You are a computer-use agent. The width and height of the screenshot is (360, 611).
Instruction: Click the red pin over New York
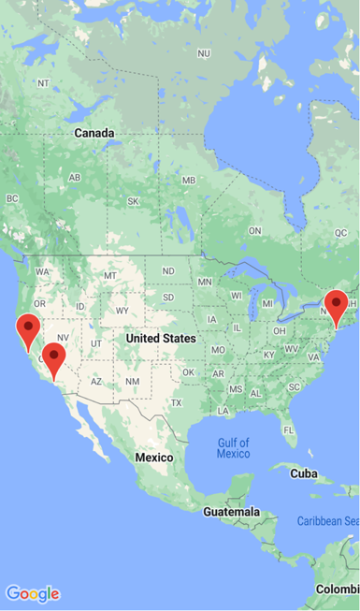click(336, 305)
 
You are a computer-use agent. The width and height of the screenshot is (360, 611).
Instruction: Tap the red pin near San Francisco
click(29, 328)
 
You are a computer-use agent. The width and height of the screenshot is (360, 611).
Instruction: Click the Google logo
click(33, 593)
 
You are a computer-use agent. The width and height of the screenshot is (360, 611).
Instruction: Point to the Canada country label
click(94, 133)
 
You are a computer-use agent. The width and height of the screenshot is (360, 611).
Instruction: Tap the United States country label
click(161, 338)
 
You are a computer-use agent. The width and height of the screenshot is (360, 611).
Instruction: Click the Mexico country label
click(154, 457)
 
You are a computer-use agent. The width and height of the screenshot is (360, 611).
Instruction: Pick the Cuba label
click(304, 473)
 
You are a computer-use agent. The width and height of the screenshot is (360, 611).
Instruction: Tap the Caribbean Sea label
click(327, 520)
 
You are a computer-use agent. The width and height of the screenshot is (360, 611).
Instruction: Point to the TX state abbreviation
click(177, 402)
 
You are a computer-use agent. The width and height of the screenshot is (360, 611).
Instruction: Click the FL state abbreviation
click(290, 430)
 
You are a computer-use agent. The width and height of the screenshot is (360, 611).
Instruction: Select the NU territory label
click(204, 53)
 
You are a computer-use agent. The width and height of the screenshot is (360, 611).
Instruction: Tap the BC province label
click(12, 198)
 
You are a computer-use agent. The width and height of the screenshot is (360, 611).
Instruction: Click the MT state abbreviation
click(110, 275)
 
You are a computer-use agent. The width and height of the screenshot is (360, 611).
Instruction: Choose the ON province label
click(254, 230)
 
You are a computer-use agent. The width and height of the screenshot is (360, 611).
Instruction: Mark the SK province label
click(133, 201)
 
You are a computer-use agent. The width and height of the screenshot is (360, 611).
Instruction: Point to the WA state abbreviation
click(42, 271)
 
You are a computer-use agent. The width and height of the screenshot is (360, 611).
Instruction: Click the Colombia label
click(336, 589)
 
